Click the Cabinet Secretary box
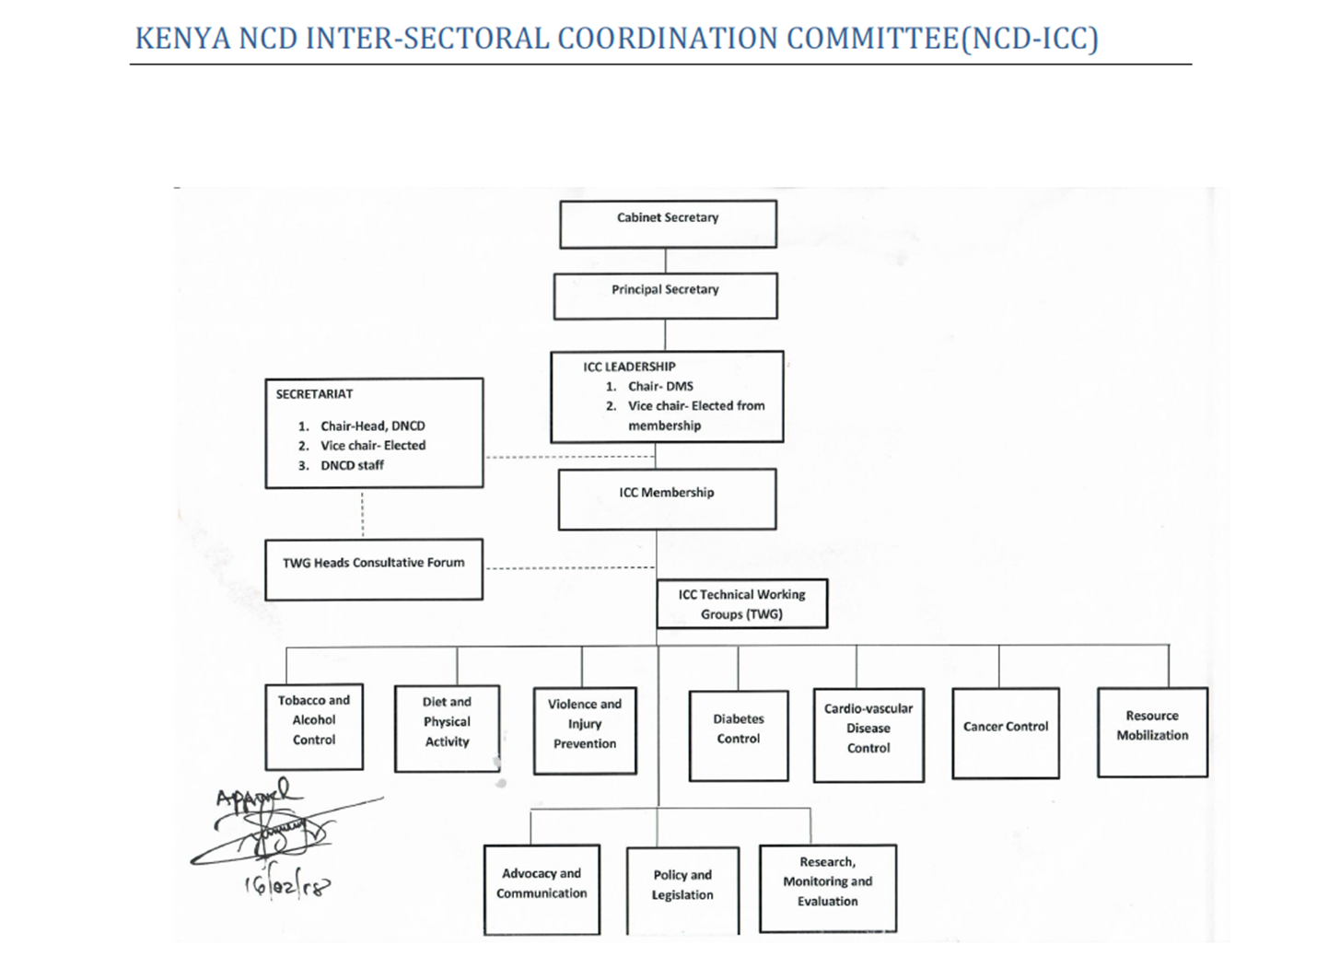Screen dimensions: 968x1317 click(668, 224)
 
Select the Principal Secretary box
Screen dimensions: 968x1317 click(665, 296)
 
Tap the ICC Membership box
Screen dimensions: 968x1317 click(667, 498)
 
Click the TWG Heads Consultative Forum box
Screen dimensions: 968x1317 click(374, 569)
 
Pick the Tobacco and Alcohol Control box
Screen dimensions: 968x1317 click(314, 726)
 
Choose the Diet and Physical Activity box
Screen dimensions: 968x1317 click(447, 728)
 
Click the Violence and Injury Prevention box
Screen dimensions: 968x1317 click(585, 730)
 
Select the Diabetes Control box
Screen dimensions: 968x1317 click(739, 735)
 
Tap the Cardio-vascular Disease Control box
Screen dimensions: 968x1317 click(868, 734)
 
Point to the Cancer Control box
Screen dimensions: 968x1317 click(1006, 732)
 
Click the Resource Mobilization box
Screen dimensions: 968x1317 click(1152, 731)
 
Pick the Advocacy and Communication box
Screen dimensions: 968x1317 click(542, 889)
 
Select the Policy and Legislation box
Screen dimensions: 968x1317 click(682, 890)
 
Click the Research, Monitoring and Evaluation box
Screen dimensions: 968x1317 click(827, 887)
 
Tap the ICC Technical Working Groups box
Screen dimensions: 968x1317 click(741, 604)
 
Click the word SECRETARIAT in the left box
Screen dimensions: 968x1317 click(314, 394)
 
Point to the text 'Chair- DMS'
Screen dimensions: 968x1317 click(660, 387)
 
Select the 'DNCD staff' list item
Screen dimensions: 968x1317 click(352, 466)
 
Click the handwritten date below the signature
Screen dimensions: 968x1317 click(286, 886)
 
